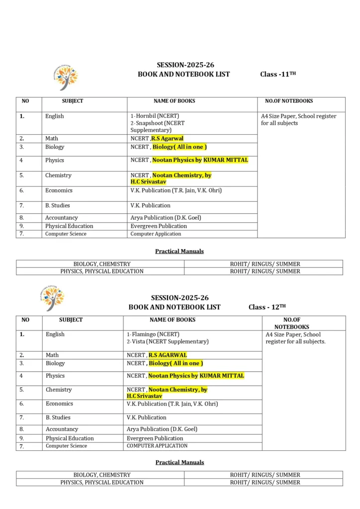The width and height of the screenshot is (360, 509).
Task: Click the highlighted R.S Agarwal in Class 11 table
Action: [167, 139]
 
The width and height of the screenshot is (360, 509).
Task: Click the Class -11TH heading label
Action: [278, 74]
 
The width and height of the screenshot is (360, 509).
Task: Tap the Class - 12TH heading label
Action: [267, 307]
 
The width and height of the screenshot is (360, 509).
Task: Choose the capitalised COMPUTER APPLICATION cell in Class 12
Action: [157, 446]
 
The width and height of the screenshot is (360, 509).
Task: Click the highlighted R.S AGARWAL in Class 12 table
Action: [168, 355]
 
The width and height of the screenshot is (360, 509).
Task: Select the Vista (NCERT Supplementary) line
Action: [168, 341]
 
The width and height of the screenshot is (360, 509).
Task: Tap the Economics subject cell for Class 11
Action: [59, 190]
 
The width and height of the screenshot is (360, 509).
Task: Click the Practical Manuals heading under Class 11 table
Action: [180, 251]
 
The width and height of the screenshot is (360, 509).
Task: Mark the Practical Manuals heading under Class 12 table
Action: [180, 462]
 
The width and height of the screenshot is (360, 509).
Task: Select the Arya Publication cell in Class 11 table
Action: [166, 218]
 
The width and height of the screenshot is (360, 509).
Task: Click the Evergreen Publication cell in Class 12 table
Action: [155, 438]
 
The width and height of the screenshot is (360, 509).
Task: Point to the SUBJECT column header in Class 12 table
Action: [71, 320]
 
